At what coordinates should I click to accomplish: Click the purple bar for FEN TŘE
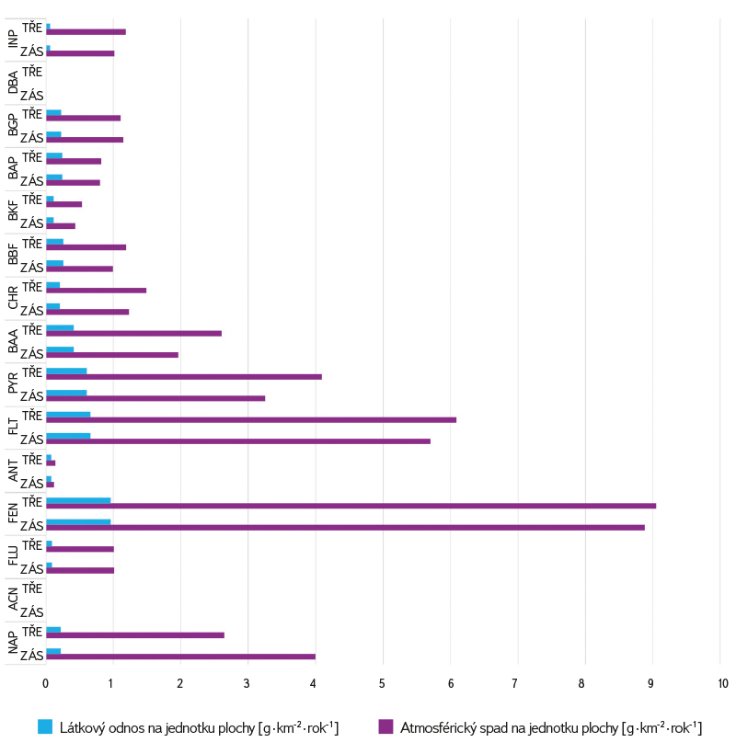pyautogui.click(x=350, y=506)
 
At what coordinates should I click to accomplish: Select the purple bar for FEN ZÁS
pyautogui.click(x=345, y=528)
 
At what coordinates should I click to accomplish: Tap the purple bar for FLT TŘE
pyautogui.click(x=250, y=419)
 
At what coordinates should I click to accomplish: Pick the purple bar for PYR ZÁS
pyautogui.click(x=155, y=398)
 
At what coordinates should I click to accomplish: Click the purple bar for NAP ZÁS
pyautogui.click(x=180, y=657)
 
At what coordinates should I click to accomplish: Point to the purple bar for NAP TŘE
pyautogui.click(x=134, y=634)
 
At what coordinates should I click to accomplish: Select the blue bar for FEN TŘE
pyautogui.click(x=78, y=500)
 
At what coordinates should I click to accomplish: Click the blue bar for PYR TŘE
pyautogui.click(x=66, y=371)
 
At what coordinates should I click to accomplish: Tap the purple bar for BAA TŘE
pyautogui.click(x=133, y=333)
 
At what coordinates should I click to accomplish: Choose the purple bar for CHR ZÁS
pyautogui.click(x=87, y=312)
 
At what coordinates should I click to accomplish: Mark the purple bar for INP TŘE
pyautogui.click(x=86, y=31)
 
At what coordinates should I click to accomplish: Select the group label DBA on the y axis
pyautogui.click(x=13, y=81)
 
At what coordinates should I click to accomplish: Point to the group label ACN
pyautogui.click(x=13, y=600)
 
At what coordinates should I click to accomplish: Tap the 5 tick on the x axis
pyautogui.click(x=383, y=684)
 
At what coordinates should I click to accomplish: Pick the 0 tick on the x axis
pyautogui.click(x=45, y=684)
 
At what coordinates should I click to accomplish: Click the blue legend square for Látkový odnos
pyautogui.click(x=44, y=726)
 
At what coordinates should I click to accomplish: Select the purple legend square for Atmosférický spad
pyautogui.click(x=385, y=726)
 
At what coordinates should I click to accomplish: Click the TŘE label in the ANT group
pyautogui.click(x=33, y=460)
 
